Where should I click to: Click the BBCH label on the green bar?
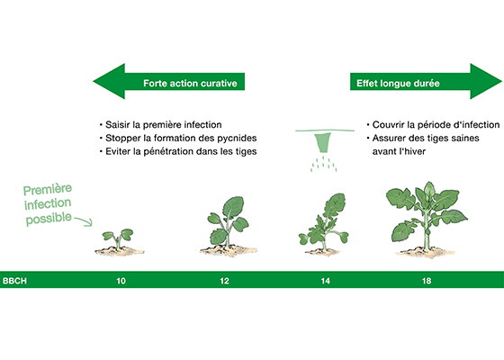point(14,281)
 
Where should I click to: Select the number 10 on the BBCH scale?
point(121,281)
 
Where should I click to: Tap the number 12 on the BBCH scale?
point(224,281)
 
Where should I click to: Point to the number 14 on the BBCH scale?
point(325,281)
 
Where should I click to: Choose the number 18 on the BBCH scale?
point(427,281)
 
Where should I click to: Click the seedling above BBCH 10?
point(119,242)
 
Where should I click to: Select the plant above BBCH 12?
point(228,226)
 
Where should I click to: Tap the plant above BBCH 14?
point(324,224)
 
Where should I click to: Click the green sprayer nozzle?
point(323,142)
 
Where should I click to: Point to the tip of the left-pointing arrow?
point(94,81)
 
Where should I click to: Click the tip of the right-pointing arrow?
point(502,81)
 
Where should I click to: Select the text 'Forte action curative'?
point(190,83)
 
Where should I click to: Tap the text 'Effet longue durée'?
point(398,83)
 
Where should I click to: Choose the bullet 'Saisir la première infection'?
point(161,125)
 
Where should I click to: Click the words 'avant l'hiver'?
point(399,151)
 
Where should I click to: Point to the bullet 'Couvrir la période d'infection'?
point(433,125)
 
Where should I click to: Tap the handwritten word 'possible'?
point(49,218)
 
